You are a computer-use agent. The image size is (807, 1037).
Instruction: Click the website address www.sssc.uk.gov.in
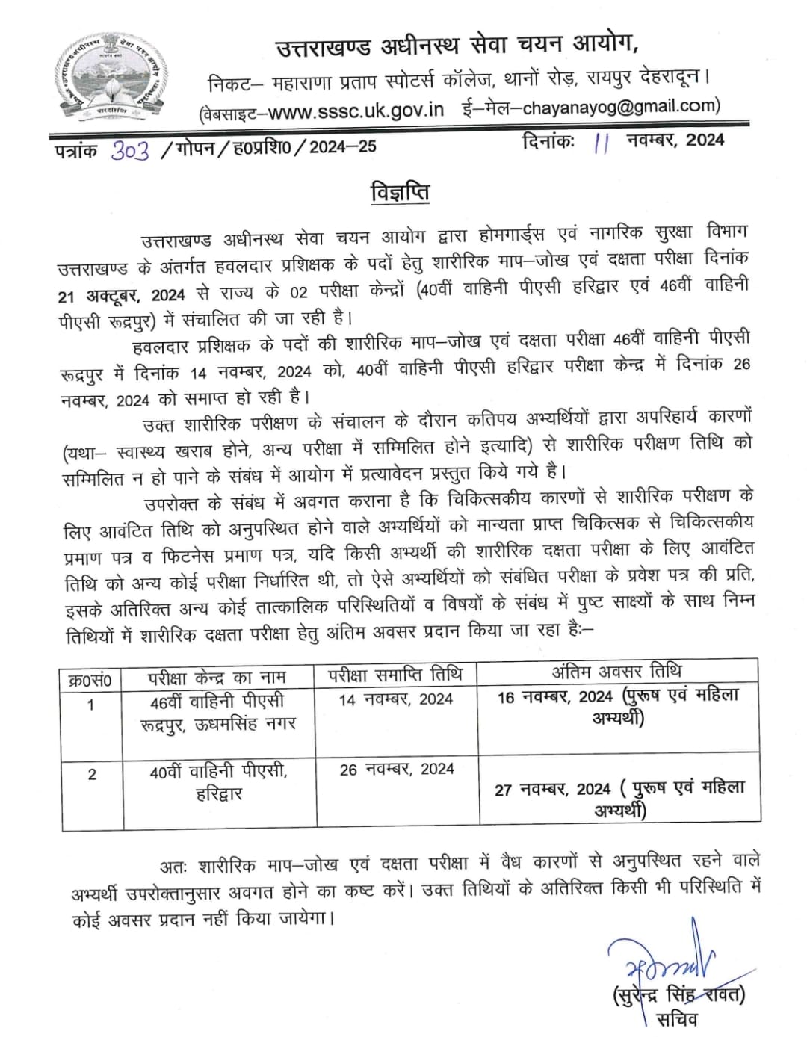(356, 111)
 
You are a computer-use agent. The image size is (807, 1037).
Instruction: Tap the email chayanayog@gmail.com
(621, 107)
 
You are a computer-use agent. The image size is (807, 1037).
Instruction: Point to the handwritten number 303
(130, 150)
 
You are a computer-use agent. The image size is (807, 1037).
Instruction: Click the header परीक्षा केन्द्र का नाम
(217, 678)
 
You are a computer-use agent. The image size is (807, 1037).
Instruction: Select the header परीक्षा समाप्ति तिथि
(395, 674)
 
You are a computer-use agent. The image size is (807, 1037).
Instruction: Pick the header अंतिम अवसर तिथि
(616, 671)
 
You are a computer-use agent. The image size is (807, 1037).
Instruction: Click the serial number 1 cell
(91, 705)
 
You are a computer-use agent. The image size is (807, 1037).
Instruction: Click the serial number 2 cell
(92, 774)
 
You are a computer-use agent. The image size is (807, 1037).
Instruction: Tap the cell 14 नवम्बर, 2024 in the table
(396, 699)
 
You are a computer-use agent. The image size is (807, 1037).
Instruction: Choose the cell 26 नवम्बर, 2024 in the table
(397, 770)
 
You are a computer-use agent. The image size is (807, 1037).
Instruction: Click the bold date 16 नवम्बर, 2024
(555, 697)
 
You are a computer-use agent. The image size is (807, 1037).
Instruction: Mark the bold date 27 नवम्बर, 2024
(553, 790)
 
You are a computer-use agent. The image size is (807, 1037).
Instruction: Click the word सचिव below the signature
(676, 1019)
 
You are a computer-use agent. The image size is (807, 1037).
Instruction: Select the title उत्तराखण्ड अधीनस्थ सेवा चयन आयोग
(457, 47)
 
